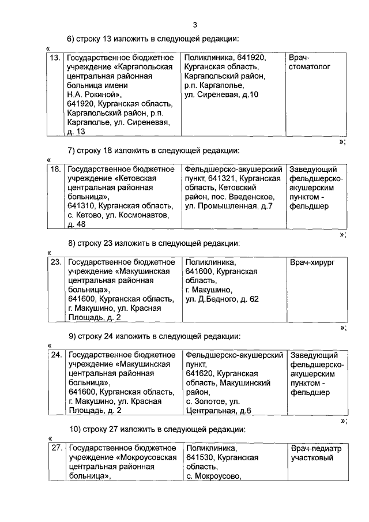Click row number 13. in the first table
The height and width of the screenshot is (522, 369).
56,58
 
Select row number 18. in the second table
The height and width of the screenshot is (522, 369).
56,170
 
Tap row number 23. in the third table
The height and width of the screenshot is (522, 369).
56,262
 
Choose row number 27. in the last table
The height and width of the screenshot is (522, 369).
56,448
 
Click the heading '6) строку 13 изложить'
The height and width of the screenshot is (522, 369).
153,39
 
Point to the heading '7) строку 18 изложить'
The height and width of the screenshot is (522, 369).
153,151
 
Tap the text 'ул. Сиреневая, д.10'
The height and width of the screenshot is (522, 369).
221,95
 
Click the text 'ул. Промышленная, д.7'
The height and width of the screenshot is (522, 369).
228,206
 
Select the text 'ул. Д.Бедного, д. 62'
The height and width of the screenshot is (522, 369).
222,299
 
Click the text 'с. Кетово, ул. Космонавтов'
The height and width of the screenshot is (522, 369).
118,215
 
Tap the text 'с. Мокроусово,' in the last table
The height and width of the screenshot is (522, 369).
213,476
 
